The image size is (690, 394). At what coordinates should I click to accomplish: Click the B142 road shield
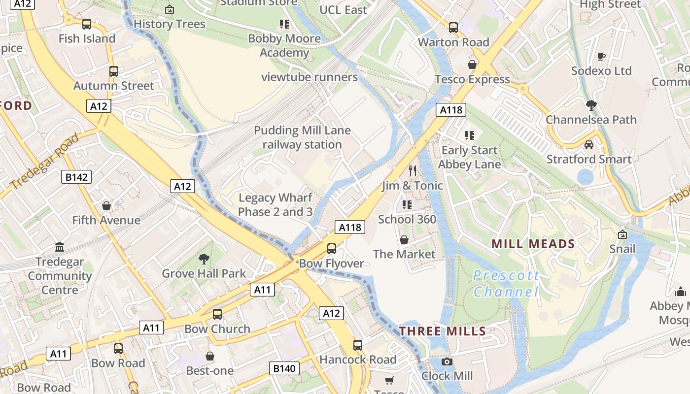(x=76, y=177)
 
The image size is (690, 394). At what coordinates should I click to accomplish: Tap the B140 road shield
(x=284, y=368)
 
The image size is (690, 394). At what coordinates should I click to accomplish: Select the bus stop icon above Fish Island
(x=87, y=24)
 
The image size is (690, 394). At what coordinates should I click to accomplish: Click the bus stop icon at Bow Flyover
(x=332, y=249)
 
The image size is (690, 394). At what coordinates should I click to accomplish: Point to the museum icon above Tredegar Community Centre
(x=60, y=247)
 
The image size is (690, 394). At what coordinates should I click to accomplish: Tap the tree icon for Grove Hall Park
(x=204, y=259)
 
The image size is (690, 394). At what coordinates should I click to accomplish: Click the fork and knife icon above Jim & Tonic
(x=413, y=171)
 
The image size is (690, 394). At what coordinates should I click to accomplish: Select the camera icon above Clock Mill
(x=447, y=362)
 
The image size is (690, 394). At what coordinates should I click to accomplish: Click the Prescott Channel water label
(x=506, y=284)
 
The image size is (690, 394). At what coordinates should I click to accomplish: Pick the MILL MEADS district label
(x=533, y=244)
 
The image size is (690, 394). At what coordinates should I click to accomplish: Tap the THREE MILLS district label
(x=443, y=331)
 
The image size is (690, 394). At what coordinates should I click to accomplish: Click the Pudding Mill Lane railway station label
(x=302, y=137)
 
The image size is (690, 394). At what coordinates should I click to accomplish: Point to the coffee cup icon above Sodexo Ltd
(x=601, y=57)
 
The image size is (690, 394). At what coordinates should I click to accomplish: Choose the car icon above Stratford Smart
(x=588, y=145)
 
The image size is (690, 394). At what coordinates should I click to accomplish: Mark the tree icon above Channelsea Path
(x=591, y=105)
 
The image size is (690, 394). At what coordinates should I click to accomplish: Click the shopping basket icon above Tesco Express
(x=472, y=65)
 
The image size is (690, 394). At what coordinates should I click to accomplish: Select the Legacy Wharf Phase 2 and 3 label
(x=276, y=205)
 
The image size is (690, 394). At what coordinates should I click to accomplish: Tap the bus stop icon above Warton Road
(x=453, y=28)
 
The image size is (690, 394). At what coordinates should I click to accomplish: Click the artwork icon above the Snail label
(x=622, y=234)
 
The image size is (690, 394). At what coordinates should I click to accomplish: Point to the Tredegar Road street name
(x=44, y=161)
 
